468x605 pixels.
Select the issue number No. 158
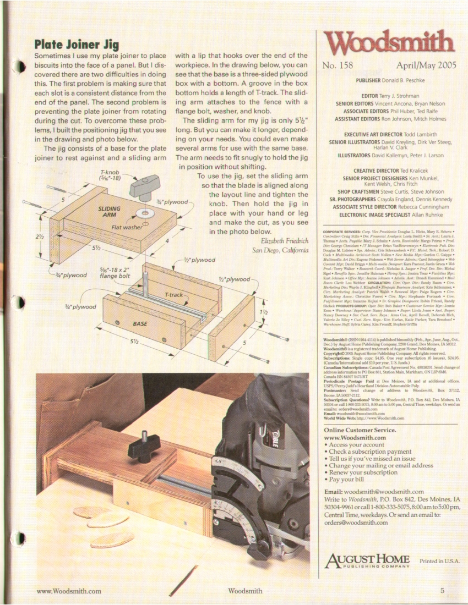click(338, 66)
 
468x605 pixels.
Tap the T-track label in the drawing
click(175, 296)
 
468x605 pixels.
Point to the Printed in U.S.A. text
click(439, 562)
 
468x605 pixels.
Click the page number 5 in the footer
click(442, 591)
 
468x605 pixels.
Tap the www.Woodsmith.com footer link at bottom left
click(69, 591)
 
